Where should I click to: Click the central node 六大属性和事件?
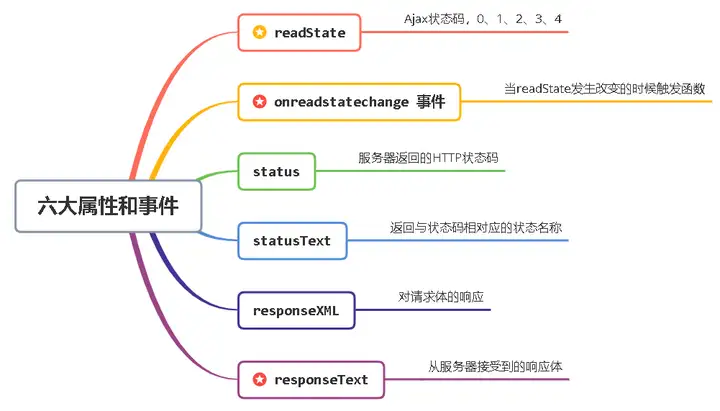pos(108,206)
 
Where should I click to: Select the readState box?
pos(299,33)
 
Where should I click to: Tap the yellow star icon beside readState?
pos(259,32)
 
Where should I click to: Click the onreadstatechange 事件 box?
pos(349,102)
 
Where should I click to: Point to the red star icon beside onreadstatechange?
pos(259,101)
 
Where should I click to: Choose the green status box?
pos(276,171)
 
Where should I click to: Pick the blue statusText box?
pos(292,241)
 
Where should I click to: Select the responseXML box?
pos(296,310)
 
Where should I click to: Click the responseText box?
pos(311,380)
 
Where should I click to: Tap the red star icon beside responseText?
pos(259,379)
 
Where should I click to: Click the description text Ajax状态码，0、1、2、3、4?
pos(483,19)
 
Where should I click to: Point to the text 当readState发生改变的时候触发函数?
pos(604,89)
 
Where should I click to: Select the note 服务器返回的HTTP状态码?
pos(428,158)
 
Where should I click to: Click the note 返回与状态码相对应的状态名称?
pos(476,228)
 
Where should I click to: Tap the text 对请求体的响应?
pos(441,297)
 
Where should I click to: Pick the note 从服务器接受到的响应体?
pos(495,366)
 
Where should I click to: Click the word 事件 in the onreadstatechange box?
pos(431,101)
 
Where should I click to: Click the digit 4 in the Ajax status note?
pos(558,19)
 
